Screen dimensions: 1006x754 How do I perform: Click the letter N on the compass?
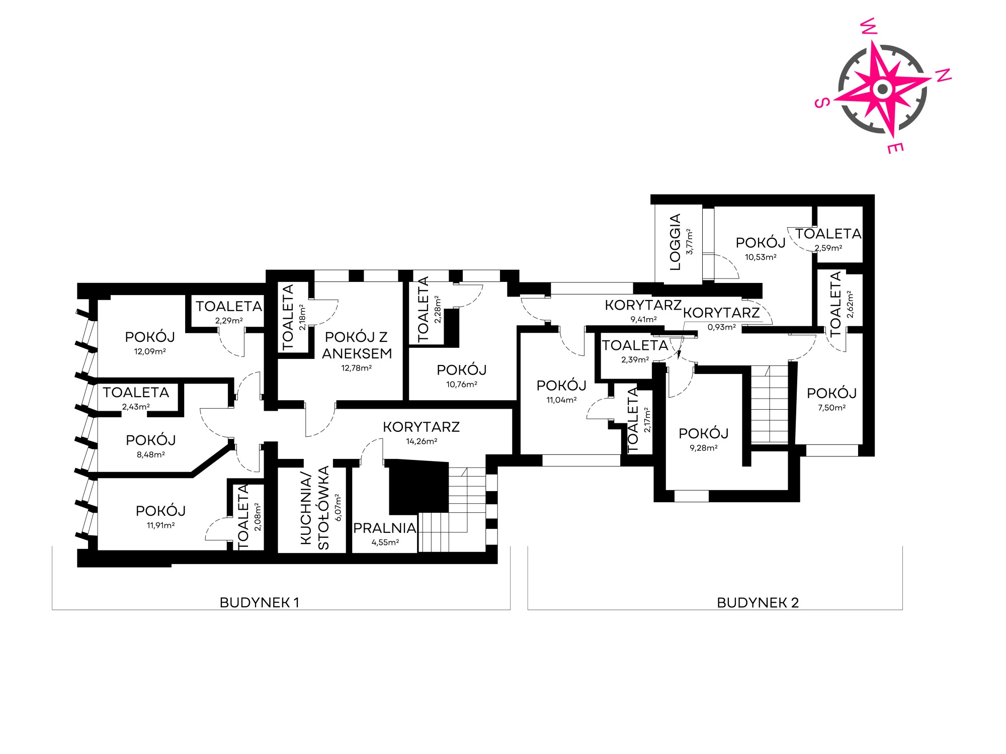943,74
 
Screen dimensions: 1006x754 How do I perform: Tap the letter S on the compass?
821,103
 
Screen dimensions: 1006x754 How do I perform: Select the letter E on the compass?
896,148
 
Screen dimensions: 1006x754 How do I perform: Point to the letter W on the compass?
870,27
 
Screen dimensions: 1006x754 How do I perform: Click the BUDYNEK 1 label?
260,603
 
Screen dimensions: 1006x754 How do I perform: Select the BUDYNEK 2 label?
758,603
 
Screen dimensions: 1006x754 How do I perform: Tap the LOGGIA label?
676,242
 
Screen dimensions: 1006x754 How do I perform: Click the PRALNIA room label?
385,528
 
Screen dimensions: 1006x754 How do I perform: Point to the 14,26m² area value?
422,441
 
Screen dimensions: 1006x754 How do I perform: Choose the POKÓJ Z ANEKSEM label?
357,345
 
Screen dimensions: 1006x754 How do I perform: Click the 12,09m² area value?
150,351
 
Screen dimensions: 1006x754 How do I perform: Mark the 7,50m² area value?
831,408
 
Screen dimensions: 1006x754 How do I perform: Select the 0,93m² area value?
722,327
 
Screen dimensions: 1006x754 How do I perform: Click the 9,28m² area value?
704,448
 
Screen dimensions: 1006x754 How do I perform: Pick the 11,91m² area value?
160,525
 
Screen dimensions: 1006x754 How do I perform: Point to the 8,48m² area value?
151,454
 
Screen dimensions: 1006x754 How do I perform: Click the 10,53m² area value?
761,257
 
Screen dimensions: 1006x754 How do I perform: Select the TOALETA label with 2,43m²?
136,392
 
